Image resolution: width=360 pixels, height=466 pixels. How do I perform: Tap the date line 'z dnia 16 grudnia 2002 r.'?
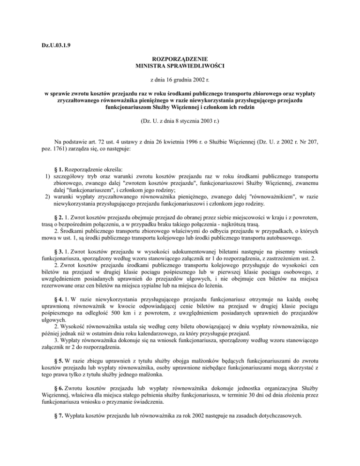point(180,81)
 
